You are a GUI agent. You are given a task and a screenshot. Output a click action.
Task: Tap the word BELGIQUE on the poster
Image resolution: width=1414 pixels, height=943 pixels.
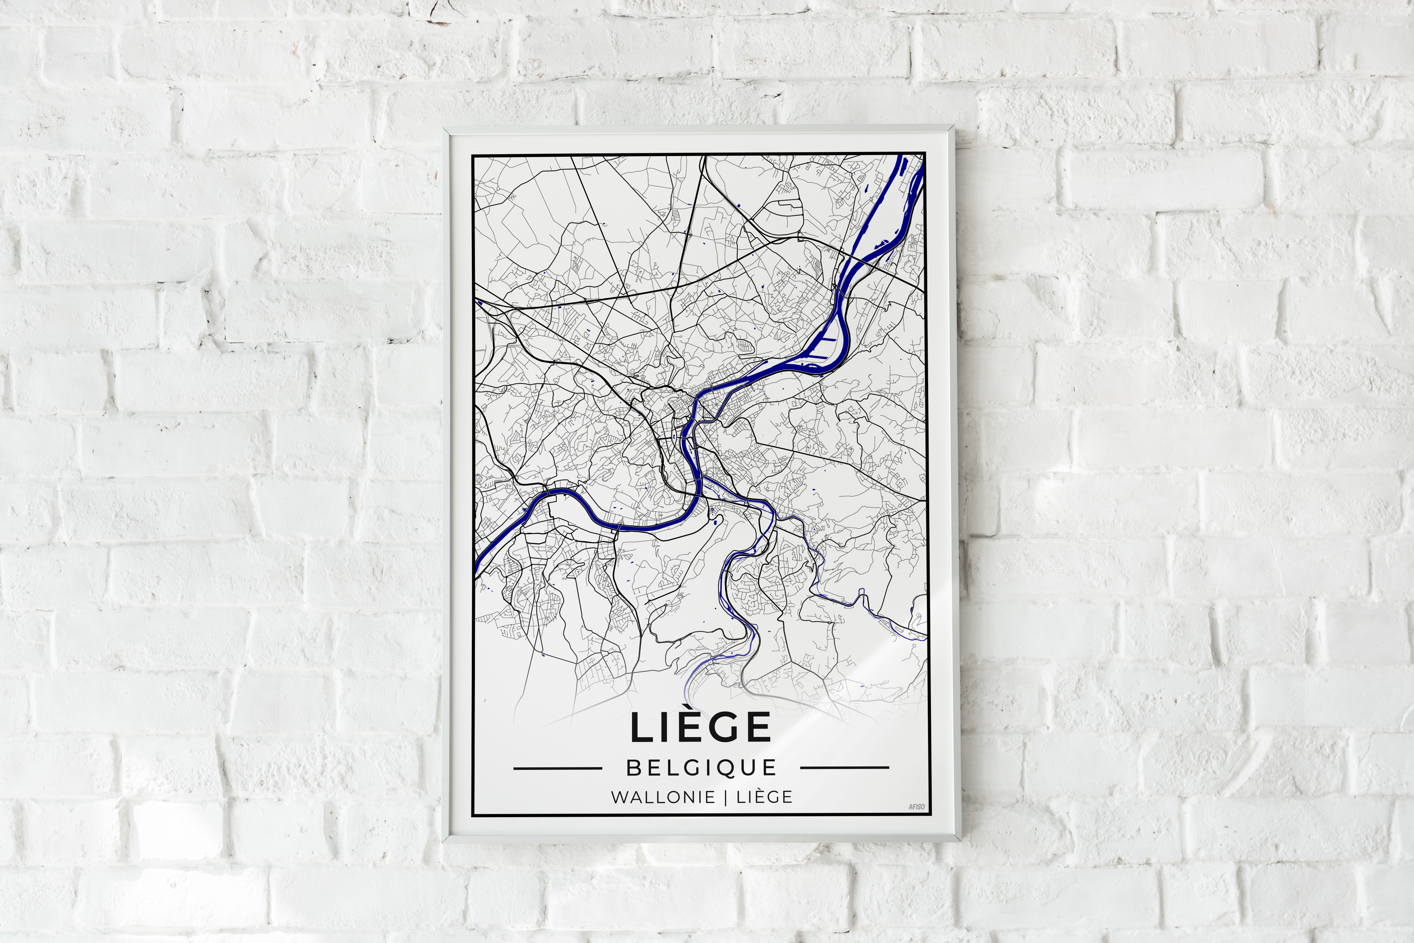click(x=702, y=768)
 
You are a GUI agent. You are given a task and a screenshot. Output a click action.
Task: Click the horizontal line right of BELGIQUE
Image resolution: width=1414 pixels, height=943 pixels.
click(x=845, y=768)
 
